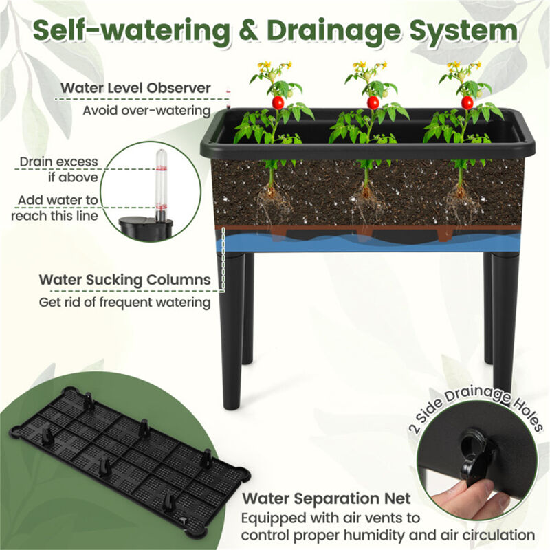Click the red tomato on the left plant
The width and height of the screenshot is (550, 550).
coord(278,102)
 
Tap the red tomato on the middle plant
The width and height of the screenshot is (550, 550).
coord(373,102)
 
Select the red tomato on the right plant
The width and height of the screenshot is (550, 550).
coord(467,102)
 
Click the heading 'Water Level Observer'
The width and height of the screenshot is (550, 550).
coord(135,88)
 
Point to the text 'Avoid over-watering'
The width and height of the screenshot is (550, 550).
coord(147,110)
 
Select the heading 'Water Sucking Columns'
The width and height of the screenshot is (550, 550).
coord(124,280)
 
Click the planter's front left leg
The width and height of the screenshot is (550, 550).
coord(230,330)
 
